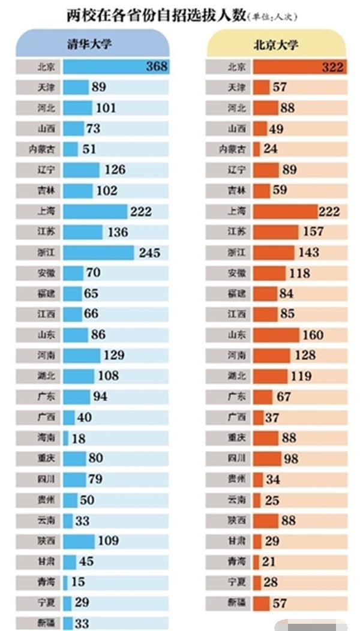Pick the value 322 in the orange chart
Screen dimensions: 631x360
click(332, 67)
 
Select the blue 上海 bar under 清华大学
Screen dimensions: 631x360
click(95, 211)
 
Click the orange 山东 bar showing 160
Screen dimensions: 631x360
click(276, 335)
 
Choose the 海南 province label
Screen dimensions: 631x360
click(38, 438)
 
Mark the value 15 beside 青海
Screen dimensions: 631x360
click(78, 582)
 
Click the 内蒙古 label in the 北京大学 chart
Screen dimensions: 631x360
click(229, 149)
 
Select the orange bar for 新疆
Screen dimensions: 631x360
click(261, 603)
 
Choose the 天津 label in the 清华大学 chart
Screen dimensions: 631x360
click(38, 87)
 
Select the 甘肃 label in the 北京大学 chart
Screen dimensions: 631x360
click(229, 541)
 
